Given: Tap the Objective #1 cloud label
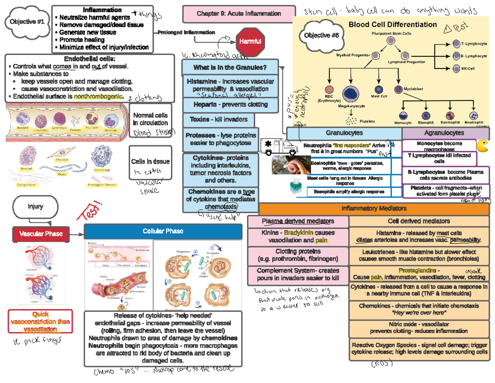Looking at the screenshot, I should click(x=27, y=21).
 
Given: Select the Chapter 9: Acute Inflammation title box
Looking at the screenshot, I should click(x=239, y=14).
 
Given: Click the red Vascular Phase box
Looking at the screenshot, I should click(x=40, y=234).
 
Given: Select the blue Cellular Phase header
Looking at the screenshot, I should click(x=163, y=231).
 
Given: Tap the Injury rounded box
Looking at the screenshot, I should click(x=35, y=206).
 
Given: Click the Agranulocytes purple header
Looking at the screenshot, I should click(x=444, y=133).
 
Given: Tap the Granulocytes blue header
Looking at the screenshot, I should click(x=344, y=133).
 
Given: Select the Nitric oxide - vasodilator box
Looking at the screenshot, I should click(x=419, y=328).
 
